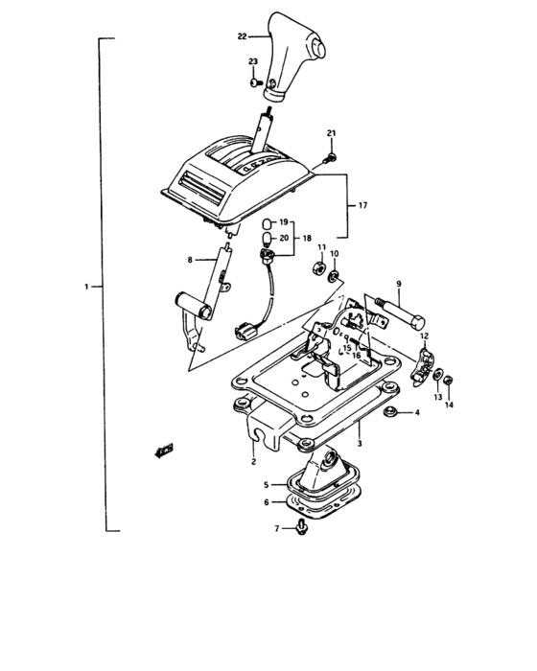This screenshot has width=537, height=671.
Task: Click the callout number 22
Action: click(x=242, y=36)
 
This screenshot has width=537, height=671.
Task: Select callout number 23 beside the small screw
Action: click(x=253, y=62)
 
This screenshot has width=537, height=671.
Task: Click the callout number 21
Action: click(x=332, y=132)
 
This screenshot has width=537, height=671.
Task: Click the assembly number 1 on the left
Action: click(x=86, y=287)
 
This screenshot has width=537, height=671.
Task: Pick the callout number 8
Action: click(x=190, y=260)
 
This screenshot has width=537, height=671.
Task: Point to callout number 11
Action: click(x=322, y=248)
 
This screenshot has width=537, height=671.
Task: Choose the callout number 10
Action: click(x=335, y=254)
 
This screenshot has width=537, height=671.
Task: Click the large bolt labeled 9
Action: click(x=403, y=313)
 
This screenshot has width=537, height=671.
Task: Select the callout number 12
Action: click(x=424, y=335)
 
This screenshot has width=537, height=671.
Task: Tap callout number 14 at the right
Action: click(x=450, y=406)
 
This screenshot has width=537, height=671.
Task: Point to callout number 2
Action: click(x=253, y=462)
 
